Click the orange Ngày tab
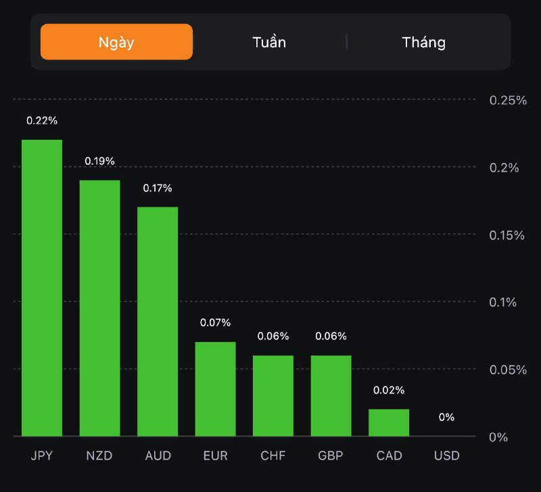116,42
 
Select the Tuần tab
269,42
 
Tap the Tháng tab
424,42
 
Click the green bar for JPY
42,288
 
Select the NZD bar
99,308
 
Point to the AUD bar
158,322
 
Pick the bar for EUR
215,389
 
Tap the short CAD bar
389,422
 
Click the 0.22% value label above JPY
42,120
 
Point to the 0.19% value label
99,161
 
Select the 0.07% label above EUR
215,322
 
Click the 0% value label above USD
446,417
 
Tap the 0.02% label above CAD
389,390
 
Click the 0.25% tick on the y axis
508,100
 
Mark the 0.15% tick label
508,235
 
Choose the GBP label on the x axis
331,456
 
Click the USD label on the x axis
446,456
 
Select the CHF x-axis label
273,456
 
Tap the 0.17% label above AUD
158,188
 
